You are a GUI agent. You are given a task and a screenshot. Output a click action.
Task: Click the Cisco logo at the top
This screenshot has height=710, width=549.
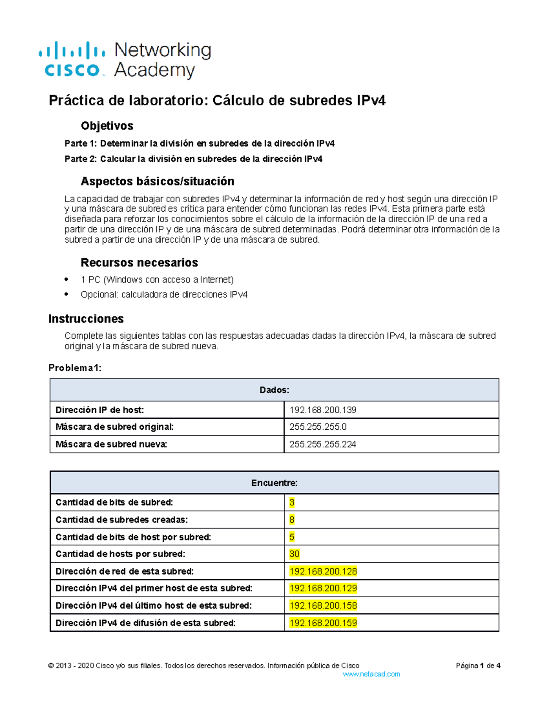point(72,59)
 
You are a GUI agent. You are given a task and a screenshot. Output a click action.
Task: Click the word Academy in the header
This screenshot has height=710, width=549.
point(154,70)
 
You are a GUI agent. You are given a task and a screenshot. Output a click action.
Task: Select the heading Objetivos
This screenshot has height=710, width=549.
point(107,126)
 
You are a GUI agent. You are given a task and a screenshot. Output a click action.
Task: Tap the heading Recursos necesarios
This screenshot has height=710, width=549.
point(139,262)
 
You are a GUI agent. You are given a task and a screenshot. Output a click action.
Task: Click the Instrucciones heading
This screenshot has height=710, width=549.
point(86,319)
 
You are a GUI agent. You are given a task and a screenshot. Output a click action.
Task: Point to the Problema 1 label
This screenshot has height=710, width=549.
point(75,368)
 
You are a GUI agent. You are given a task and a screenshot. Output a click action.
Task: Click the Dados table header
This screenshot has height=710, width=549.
point(274,390)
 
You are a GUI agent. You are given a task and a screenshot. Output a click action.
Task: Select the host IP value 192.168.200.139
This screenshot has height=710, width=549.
point(323,410)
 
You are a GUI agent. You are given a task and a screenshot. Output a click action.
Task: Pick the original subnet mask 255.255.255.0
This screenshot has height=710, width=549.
point(318,427)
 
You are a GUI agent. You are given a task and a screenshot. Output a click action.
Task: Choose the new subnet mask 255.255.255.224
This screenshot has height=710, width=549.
point(323,444)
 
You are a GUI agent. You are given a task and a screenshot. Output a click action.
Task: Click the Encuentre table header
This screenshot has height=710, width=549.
point(274,483)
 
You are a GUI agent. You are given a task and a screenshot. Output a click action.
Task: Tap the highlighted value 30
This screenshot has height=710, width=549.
point(294,554)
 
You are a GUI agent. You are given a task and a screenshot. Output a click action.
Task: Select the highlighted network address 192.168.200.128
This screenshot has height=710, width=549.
point(323,571)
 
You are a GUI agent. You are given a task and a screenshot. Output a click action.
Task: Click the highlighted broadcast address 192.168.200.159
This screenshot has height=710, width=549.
point(323,623)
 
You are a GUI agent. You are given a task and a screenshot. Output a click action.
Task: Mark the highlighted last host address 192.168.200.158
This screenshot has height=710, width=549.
point(323,606)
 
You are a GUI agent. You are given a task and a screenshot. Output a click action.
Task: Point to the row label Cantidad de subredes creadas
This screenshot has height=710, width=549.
point(122,520)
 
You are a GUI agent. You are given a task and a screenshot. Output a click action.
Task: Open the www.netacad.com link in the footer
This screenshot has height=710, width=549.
point(371,674)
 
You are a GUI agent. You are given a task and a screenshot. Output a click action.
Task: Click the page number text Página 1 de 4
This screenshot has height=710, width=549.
point(478,666)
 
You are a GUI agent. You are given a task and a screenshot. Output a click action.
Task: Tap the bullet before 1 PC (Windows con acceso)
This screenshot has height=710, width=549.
point(67,279)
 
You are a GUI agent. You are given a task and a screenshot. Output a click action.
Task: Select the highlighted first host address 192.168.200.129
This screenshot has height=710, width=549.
point(323,588)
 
